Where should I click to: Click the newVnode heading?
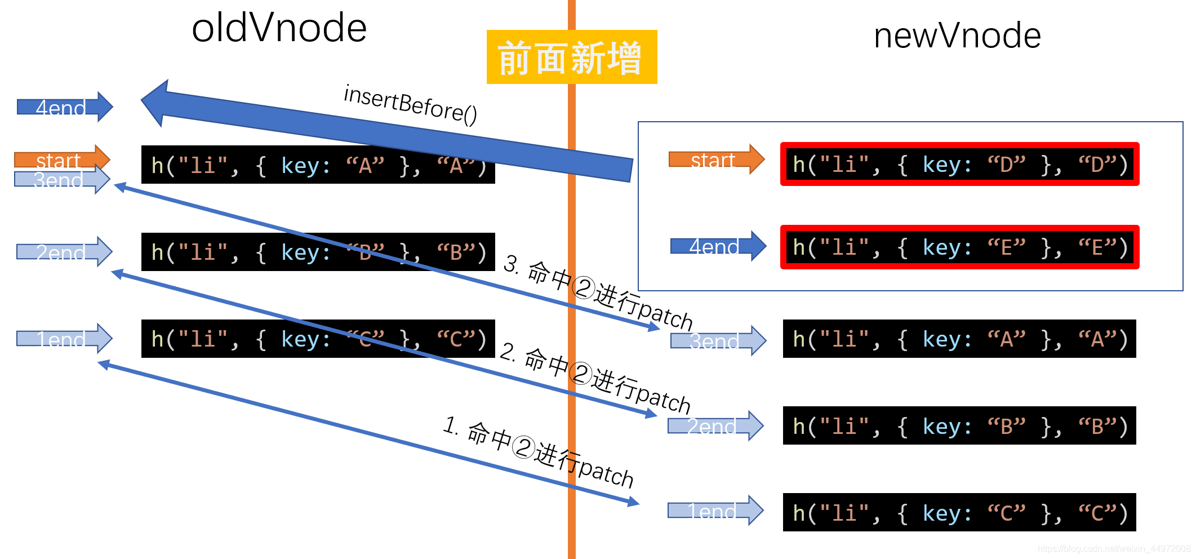pyautogui.click(x=957, y=36)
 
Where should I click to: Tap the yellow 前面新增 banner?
pyautogui.click(x=571, y=57)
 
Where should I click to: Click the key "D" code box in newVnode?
pyautogui.click(x=959, y=165)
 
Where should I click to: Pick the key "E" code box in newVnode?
pyautogui.click(x=959, y=247)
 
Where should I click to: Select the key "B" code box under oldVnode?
pyautogui.click(x=318, y=252)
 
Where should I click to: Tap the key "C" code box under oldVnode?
pyautogui.click(x=318, y=339)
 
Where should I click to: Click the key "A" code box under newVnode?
pyautogui.click(x=959, y=339)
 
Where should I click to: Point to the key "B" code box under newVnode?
pyautogui.click(x=959, y=425)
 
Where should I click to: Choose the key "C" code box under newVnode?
pyautogui.click(x=959, y=512)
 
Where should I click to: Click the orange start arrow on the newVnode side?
pyautogui.click(x=716, y=159)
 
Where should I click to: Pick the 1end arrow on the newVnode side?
pyautogui.click(x=715, y=511)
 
